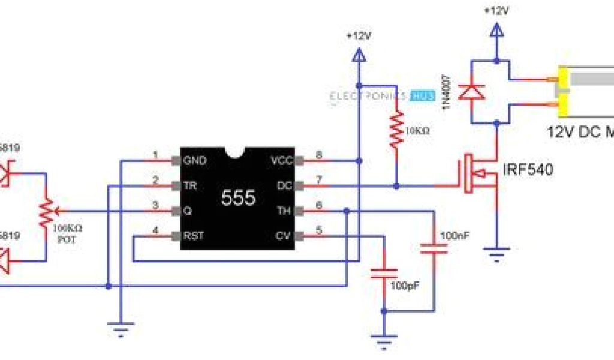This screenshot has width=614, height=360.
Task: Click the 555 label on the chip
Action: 239,197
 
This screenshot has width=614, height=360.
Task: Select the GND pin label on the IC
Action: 195,161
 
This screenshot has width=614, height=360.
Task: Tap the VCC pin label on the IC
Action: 281,161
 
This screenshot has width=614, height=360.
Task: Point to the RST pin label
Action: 194,236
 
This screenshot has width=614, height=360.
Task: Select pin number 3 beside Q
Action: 155,205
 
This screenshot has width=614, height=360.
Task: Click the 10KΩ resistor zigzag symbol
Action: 396,129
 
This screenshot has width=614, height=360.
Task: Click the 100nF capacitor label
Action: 452,235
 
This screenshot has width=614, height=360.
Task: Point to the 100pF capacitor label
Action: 402,286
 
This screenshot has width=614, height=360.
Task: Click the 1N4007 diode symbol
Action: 472,91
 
